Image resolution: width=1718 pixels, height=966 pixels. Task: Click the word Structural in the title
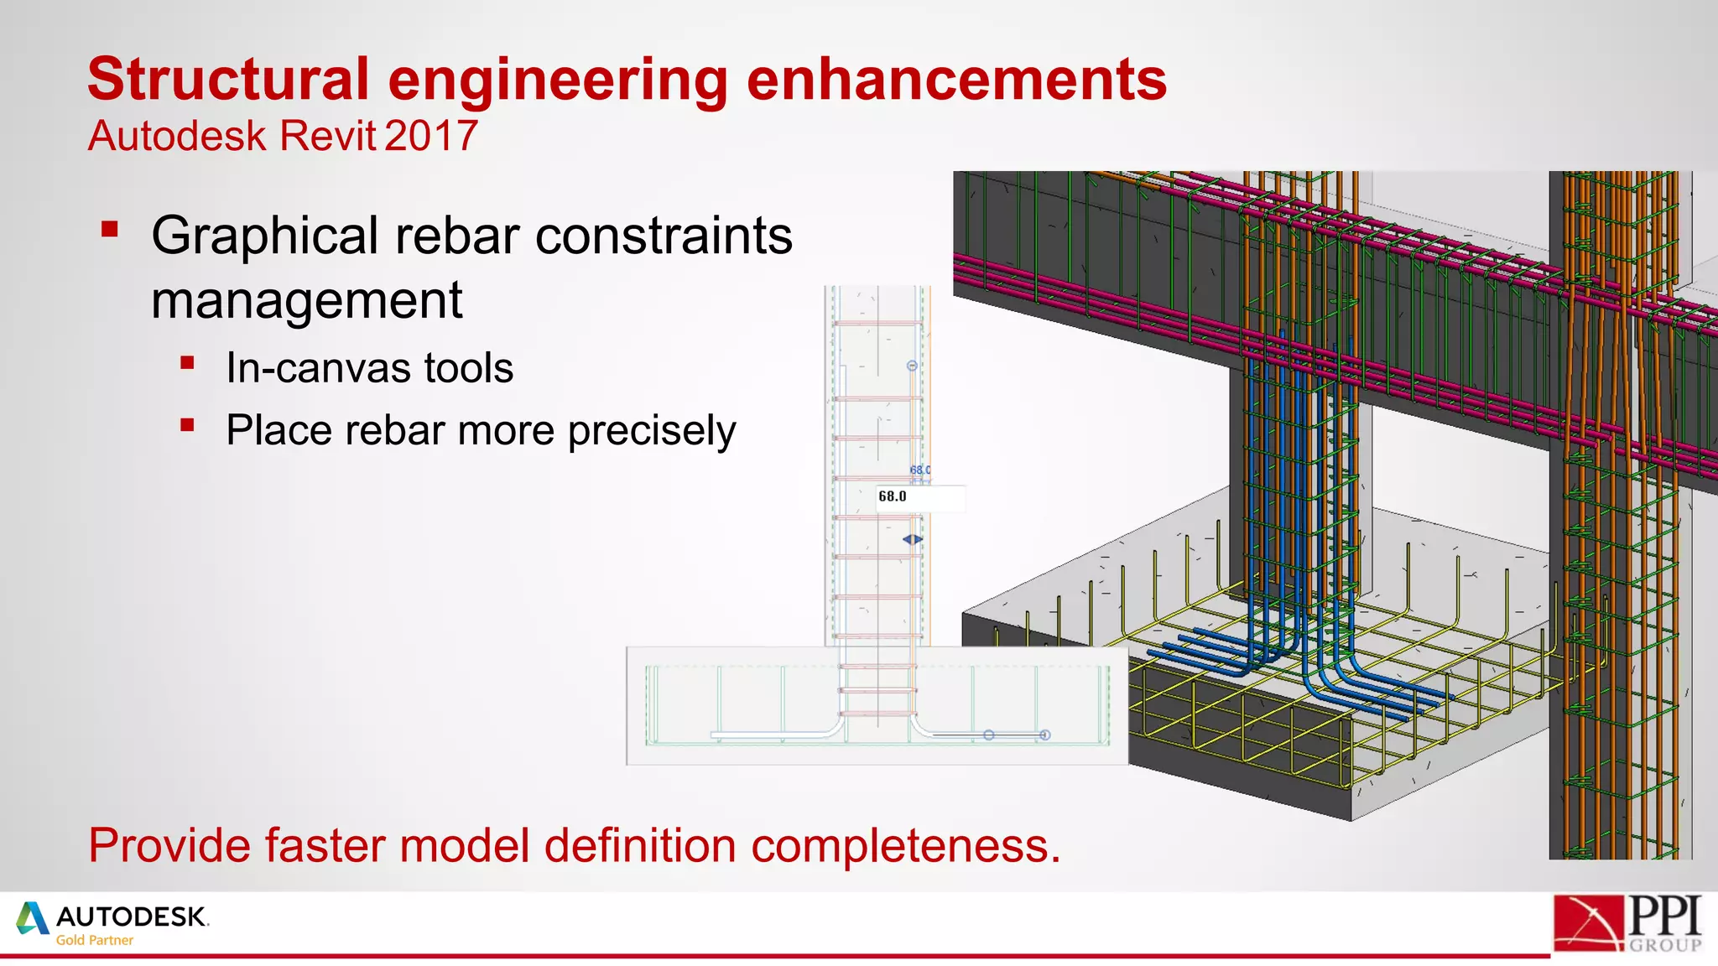point(228,80)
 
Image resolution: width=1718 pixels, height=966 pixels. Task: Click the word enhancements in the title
point(956,80)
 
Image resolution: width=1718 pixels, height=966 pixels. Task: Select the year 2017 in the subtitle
point(432,136)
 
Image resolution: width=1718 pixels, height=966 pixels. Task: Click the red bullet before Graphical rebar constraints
point(110,229)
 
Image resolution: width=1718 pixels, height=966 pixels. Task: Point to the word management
point(306,300)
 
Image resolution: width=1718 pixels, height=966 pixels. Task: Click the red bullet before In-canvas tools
point(187,363)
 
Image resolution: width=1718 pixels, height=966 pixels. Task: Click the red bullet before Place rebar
point(187,425)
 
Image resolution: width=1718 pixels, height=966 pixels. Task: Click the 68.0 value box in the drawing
point(919,497)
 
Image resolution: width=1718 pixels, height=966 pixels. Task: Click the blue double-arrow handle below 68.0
point(913,539)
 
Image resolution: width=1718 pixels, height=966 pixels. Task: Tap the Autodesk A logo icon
point(33,918)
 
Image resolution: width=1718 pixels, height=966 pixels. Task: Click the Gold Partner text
point(94,941)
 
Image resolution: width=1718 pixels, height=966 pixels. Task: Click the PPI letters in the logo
point(1664,916)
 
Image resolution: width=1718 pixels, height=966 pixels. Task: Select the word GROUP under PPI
point(1665,945)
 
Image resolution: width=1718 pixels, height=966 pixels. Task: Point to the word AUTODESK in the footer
point(132,917)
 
